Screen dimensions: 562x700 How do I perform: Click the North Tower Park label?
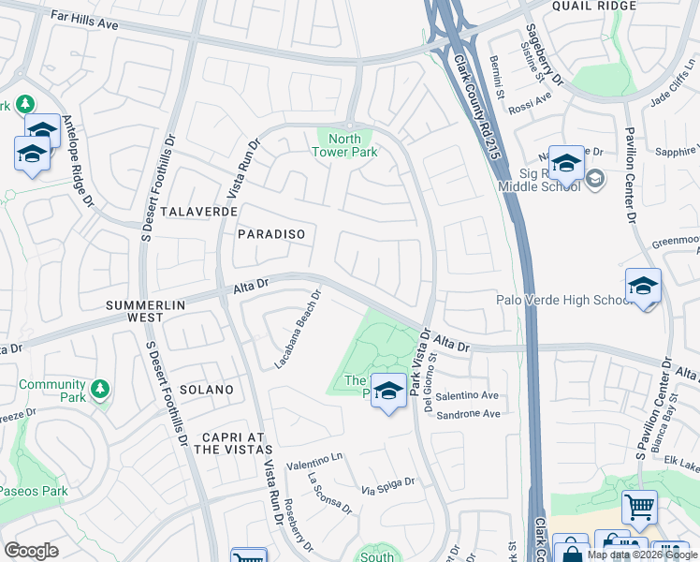tap(344, 146)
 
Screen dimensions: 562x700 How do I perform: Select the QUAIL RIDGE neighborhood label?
tap(607, 6)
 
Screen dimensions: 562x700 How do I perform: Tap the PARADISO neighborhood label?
tap(271, 233)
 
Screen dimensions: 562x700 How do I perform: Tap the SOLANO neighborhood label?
tap(205, 389)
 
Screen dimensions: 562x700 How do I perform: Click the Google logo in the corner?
tap(31, 550)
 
